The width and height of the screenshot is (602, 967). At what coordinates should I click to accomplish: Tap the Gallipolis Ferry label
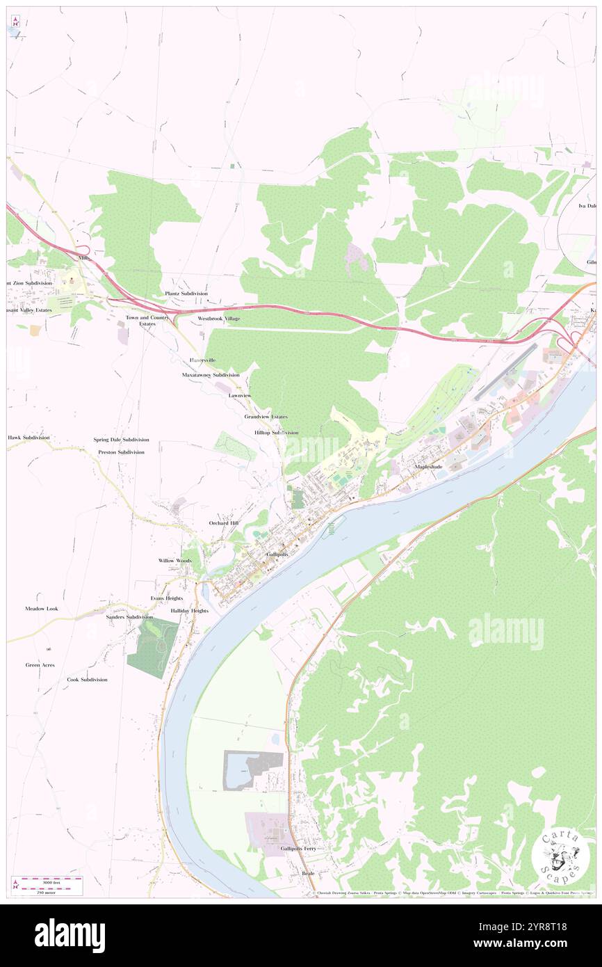click(298, 849)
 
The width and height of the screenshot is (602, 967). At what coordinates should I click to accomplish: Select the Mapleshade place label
click(428, 466)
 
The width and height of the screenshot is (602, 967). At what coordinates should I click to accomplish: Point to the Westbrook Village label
click(218, 318)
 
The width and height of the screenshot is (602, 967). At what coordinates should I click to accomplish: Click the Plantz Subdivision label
click(186, 294)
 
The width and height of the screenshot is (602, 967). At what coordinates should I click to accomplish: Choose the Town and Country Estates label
click(147, 320)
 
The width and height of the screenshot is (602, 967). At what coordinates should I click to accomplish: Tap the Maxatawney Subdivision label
click(211, 374)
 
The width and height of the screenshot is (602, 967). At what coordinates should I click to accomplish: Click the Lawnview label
click(239, 395)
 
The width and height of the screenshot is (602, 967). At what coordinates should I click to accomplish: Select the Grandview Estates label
click(266, 416)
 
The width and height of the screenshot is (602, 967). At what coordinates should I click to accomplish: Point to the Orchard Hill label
click(224, 522)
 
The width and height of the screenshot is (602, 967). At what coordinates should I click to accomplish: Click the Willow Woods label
click(174, 560)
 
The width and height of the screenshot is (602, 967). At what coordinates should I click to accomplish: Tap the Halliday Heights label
click(189, 610)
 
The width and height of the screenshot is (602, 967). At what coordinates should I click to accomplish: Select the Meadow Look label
click(42, 609)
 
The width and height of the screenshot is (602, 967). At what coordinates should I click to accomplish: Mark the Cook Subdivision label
click(87, 679)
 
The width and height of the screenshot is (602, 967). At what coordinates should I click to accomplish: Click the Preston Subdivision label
click(121, 452)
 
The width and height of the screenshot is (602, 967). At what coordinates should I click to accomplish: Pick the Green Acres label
click(40, 665)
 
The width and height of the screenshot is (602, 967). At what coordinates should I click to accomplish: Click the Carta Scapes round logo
click(560, 856)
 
